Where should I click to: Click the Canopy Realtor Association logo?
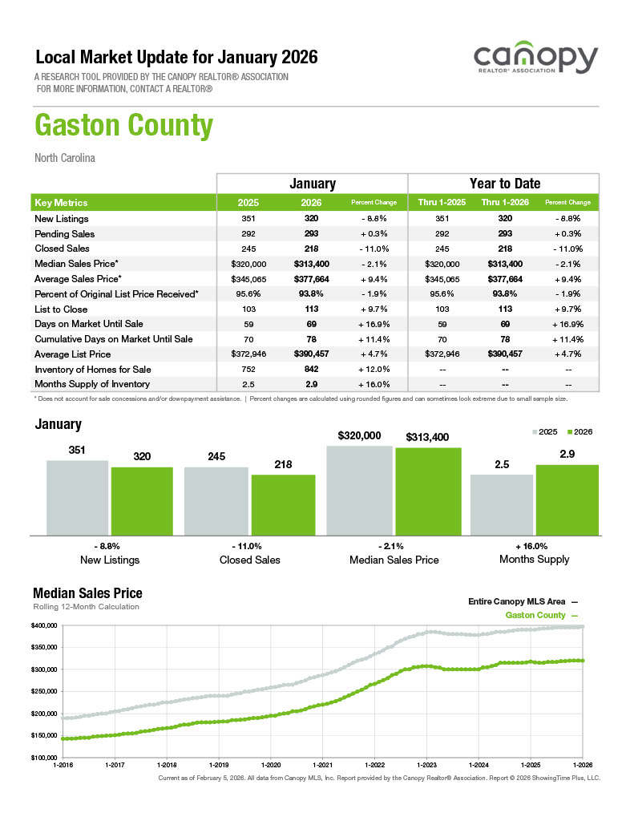click(x=535, y=61)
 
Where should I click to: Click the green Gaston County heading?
click(x=124, y=127)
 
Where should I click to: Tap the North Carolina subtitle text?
click(x=65, y=158)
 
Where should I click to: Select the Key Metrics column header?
click(x=62, y=203)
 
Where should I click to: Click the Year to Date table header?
click(x=504, y=184)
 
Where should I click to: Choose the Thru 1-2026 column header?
click(x=504, y=203)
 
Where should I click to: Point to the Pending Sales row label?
click(x=65, y=234)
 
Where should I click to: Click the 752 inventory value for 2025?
click(x=248, y=369)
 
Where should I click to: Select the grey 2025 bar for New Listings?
click(x=77, y=497)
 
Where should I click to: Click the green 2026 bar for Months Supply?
click(x=567, y=499)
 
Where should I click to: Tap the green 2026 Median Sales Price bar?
click(x=428, y=491)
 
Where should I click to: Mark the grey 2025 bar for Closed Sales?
click(x=216, y=500)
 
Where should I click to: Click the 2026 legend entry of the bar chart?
click(x=579, y=431)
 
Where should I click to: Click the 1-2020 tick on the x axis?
click(x=269, y=765)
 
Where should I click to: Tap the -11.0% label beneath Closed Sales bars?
click(x=249, y=545)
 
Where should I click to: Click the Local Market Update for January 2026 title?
click(x=177, y=58)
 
